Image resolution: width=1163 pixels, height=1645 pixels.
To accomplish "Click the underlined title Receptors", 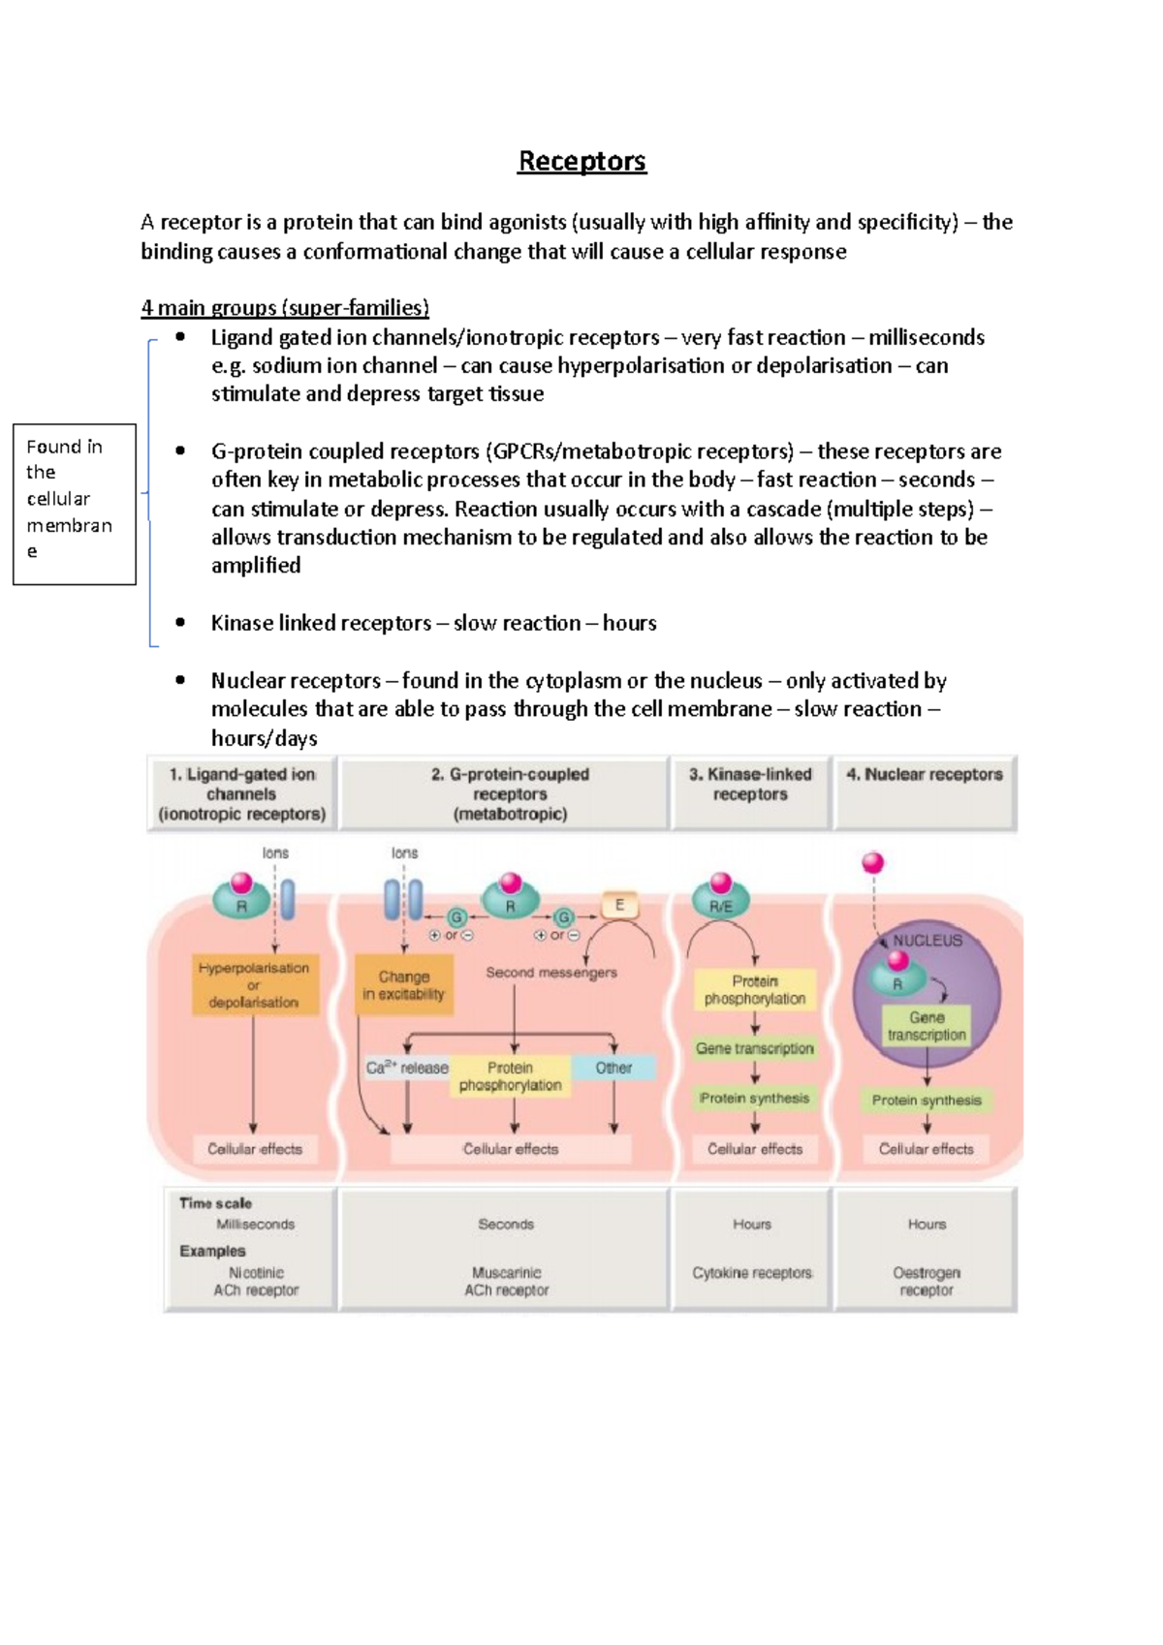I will point(581,161).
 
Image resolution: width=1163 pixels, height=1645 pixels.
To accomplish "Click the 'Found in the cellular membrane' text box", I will point(74,504).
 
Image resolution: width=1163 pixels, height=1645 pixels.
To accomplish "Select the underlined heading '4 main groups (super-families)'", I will point(284,308).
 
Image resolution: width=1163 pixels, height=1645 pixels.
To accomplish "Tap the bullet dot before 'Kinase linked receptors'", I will point(180,623).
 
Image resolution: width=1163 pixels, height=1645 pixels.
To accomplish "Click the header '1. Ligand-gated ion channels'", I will point(241,793).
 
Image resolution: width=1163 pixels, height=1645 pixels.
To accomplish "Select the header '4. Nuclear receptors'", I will point(924,775).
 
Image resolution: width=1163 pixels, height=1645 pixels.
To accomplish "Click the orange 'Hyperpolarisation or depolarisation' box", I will point(254,984).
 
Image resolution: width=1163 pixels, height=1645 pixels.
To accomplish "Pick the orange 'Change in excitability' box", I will point(403,985).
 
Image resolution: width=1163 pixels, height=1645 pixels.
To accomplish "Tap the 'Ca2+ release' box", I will point(407,1068).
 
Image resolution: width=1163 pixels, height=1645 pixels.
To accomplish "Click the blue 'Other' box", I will point(613,1068).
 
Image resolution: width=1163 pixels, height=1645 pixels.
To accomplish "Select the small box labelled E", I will point(619,906).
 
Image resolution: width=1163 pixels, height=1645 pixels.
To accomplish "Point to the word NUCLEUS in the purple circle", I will point(927,941).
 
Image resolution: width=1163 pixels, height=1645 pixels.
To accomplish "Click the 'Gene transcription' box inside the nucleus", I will point(926,1026).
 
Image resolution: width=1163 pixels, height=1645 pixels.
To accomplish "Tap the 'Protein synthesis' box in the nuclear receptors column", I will point(927,1101).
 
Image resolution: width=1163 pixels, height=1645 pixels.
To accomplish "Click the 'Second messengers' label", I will point(550,973).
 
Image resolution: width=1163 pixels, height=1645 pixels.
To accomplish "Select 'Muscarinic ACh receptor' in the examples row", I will point(506,1281).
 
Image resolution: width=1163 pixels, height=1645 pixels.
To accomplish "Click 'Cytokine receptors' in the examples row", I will point(752,1273).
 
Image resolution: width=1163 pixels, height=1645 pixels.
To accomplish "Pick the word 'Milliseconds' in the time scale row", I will point(255,1225).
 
